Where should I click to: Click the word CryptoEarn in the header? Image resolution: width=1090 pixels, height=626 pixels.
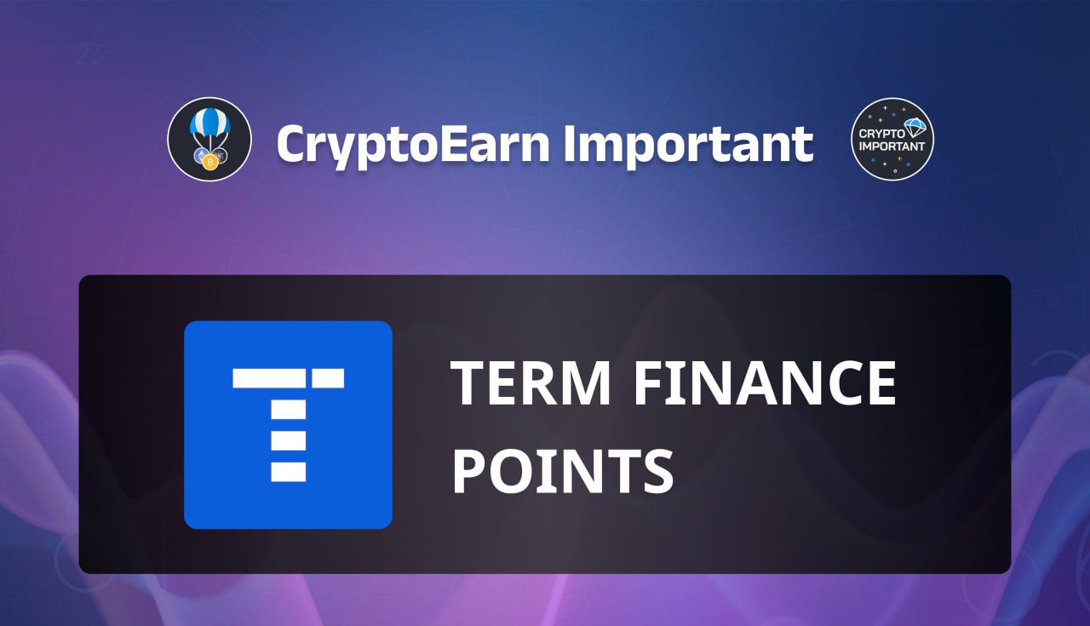[413, 144]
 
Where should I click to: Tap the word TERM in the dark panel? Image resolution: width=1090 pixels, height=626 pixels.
[531, 382]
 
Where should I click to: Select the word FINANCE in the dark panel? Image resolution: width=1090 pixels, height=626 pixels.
[765, 382]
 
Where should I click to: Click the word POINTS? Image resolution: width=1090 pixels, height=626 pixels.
[563, 471]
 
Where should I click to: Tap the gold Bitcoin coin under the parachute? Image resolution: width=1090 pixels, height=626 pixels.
[210, 162]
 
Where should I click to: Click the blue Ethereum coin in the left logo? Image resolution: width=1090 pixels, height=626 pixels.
[201, 156]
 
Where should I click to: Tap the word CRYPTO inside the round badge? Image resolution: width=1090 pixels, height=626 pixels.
[881, 133]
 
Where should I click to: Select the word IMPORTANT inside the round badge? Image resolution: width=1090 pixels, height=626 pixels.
[892, 146]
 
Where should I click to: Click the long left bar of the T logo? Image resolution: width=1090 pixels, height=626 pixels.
[269, 378]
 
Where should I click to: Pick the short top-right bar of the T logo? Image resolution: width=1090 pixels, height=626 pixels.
[328, 378]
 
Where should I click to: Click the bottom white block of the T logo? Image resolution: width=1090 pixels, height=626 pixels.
[288, 472]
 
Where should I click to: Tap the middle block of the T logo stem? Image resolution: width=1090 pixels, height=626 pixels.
[288, 440]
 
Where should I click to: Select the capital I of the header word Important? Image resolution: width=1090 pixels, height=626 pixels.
[570, 144]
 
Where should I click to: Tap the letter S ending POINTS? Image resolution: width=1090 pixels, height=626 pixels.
[658, 471]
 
